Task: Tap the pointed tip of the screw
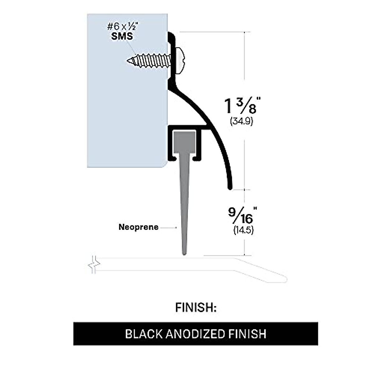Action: click(128, 60)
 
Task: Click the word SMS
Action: click(122, 36)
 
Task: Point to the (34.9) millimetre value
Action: click(242, 121)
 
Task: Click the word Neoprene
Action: click(138, 227)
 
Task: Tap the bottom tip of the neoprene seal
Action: click(185, 254)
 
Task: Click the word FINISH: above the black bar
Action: click(195, 307)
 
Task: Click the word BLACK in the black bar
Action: click(144, 334)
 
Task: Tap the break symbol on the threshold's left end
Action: click(93, 265)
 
